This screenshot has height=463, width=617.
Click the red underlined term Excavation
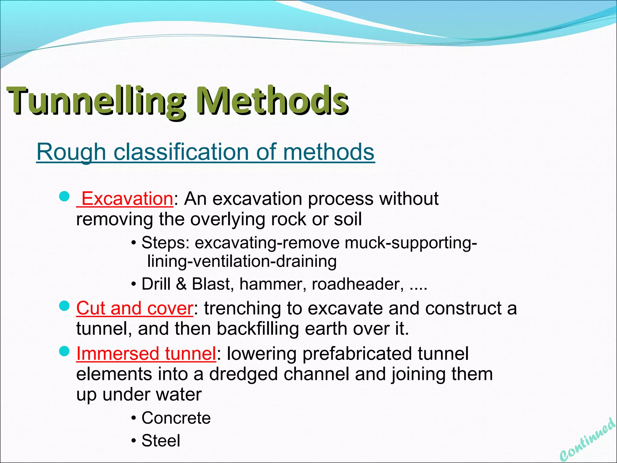[127, 199]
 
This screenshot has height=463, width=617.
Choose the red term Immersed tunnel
[146, 353]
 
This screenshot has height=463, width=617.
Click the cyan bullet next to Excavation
[64, 197]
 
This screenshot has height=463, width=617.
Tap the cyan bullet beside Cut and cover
[64, 307]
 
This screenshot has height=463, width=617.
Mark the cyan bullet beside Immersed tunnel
[64, 351]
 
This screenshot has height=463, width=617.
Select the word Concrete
[176, 418]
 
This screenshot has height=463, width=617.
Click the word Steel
[161, 441]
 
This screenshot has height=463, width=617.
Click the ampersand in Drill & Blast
[181, 284]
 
